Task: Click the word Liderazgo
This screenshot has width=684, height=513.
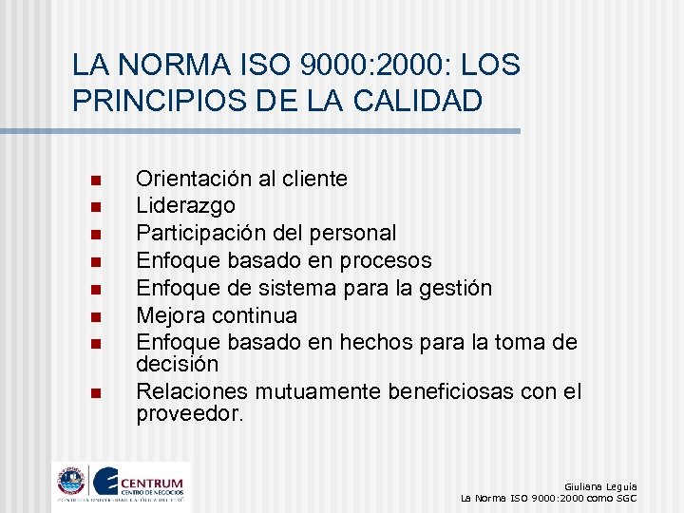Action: tap(186, 206)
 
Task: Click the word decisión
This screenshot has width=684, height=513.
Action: tap(177, 364)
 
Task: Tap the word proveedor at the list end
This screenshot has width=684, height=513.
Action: tap(190, 415)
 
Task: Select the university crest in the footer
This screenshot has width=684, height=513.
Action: tap(71, 481)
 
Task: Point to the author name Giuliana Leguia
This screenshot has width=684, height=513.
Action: tap(600, 484)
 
